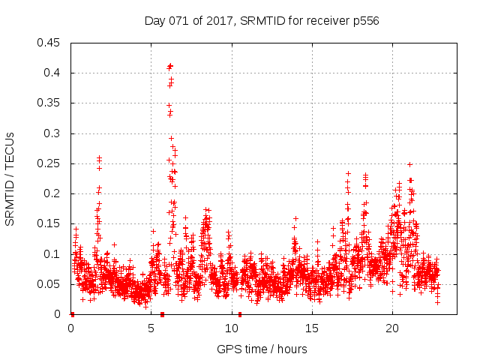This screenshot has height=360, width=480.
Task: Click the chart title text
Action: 262,21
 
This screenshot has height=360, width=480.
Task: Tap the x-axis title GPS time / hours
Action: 262,349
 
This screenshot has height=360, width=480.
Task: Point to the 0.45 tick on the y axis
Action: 49,43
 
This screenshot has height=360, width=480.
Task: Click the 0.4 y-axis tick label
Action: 52,73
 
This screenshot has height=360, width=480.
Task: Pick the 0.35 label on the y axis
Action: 49,103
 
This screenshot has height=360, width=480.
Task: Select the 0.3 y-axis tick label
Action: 52,133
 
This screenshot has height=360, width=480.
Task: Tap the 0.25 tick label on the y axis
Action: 49,163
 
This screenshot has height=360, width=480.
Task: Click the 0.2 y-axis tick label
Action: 52,193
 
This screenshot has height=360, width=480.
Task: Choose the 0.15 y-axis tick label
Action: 49,223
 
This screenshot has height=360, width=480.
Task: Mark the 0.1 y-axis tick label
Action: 52,254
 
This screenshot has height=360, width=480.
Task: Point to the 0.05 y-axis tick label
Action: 49,284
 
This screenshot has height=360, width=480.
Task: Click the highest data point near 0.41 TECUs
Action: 170,65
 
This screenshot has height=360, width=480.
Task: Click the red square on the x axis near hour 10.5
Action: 239,314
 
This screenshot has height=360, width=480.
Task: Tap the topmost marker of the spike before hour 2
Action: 99,157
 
